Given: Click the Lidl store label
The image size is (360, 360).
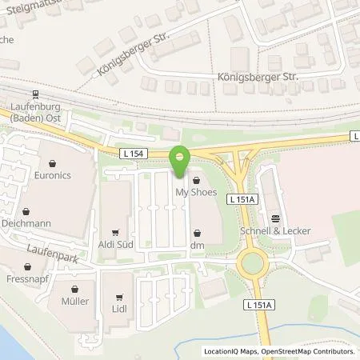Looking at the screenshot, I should tap(118, 307).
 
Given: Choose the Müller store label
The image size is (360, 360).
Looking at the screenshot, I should tap(74, 302).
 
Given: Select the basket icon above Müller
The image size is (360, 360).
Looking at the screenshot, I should tap(74, 290).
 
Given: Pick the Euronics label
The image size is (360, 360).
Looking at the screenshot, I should tap(54, 170).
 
